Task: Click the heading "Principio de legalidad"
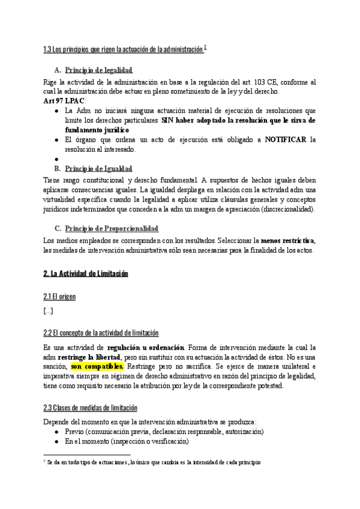point(98,70)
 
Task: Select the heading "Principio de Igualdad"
point(98,168)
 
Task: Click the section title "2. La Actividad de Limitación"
point(86,273)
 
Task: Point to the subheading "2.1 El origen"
point(59,297)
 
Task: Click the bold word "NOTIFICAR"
point(285,139)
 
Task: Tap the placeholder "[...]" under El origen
point(48,310)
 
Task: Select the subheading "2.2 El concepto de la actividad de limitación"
point(101,333)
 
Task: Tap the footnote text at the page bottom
point(152,463)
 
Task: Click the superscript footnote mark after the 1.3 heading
point(205,47)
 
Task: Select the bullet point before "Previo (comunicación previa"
point(56,432)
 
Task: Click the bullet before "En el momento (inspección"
point(56,441)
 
